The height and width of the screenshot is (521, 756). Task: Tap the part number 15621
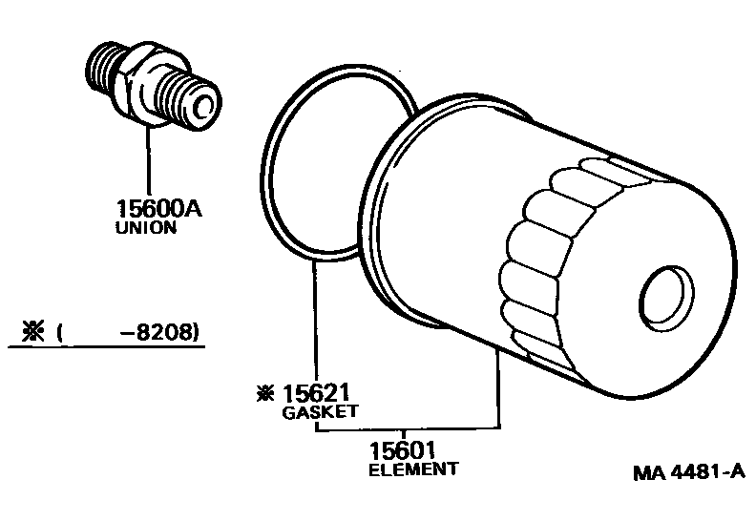(315, 393)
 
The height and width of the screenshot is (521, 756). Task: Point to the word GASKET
(319, 412)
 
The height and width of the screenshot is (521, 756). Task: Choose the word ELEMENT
(413, 469)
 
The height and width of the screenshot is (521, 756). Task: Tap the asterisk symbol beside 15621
(262, 393)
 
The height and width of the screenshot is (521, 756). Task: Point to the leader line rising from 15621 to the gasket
(315, 324)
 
